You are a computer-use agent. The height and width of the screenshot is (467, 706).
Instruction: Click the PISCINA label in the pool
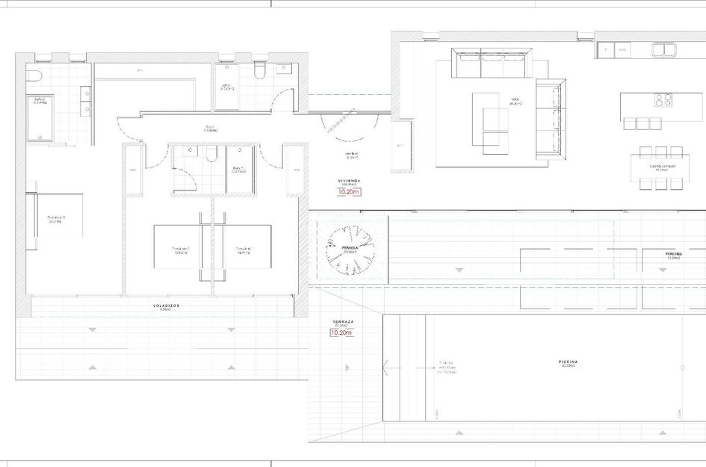coord(568,362)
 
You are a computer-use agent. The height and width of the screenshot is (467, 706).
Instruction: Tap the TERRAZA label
coord(343,322)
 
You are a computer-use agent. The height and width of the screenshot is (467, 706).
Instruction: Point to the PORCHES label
coord(675,254)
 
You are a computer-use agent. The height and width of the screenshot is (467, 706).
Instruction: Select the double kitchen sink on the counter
coord(663,50)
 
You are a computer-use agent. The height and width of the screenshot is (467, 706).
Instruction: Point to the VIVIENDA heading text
coord(349,181)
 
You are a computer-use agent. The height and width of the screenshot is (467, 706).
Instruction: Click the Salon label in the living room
coord(515,99)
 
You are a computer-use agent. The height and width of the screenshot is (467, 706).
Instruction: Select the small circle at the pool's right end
coord(682,367)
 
